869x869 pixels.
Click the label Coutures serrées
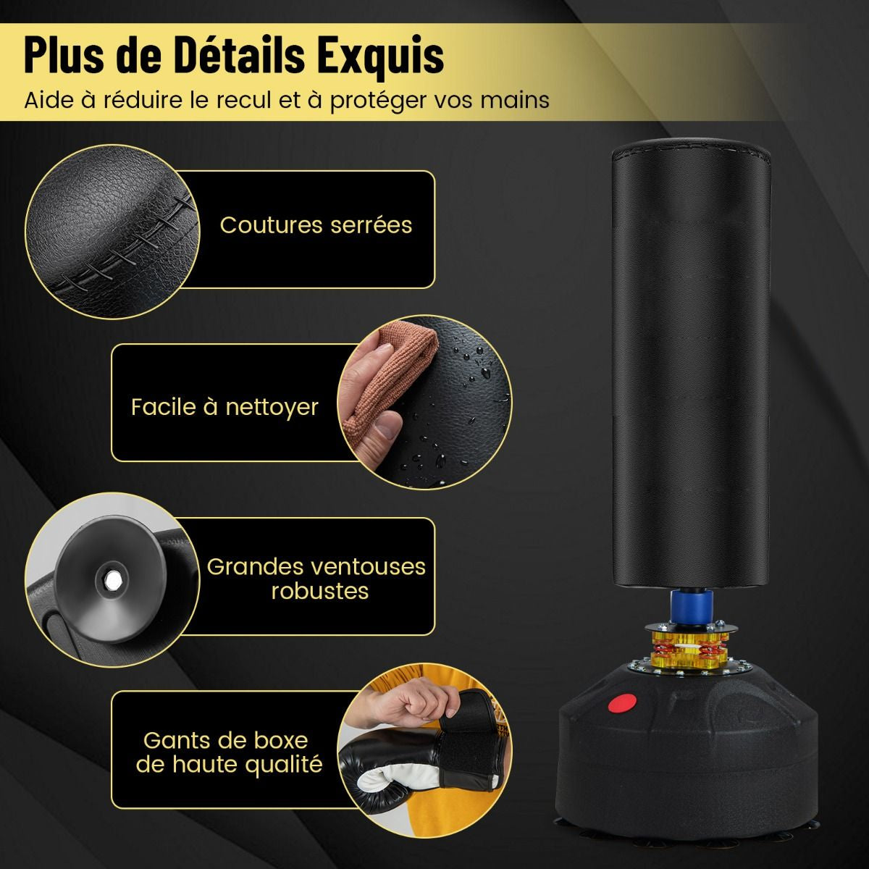316,225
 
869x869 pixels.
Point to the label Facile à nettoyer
224,407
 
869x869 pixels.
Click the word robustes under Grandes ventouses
320,591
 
